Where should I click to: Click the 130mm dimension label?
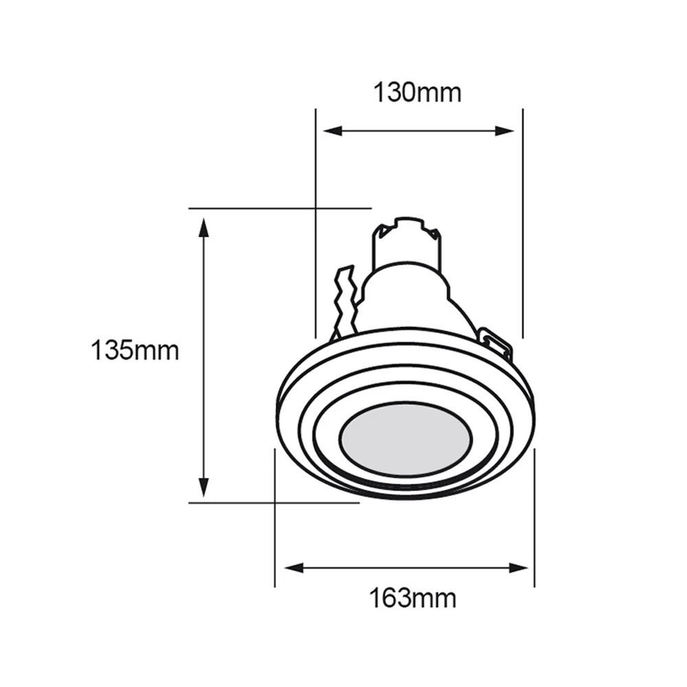[417, 93]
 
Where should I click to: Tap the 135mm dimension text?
[135, 350]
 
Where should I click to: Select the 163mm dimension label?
[413, 598]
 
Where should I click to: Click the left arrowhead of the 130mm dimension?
[333, 131]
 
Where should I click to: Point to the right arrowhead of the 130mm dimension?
[504, 131]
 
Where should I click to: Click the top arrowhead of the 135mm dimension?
[203, 228]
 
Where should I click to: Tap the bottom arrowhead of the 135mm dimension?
[203, 487]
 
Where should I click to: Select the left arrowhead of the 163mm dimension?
[294, 568]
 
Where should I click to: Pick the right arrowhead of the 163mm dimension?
[519, 568]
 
